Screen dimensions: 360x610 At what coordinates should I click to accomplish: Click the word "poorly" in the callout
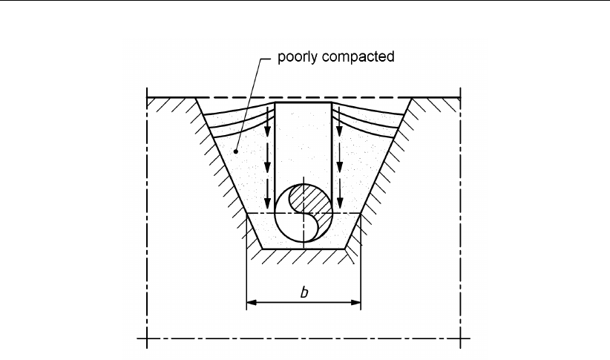[x=295, y=57]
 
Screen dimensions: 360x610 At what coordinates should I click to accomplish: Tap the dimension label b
[x=304, y=292]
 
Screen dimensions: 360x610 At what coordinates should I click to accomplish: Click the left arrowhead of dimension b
[x=250, y=302]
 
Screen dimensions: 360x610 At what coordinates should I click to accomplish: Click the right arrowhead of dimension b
[x=356, y=302]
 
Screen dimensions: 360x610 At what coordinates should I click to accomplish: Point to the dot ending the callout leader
[x=236, y=151]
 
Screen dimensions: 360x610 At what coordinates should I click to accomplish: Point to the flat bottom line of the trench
[x=303, y=247]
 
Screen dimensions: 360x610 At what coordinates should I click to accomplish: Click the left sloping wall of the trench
[x=223, y=163]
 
